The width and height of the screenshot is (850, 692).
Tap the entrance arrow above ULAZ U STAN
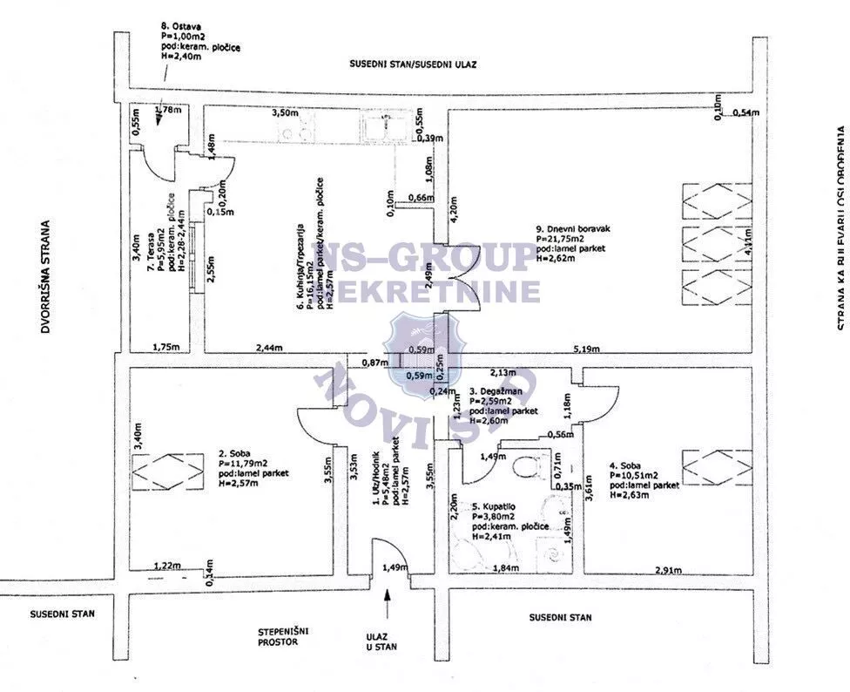click(387, 600)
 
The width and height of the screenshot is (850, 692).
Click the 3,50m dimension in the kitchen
click(283, 114)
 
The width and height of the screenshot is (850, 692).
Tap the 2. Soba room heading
click(235, 453)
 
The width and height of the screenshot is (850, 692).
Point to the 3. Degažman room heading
click(497, 392)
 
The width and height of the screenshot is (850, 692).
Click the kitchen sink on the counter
click(379, 127)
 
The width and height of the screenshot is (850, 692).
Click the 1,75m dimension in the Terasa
click(165, 348)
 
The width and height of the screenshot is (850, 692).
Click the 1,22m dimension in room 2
click(166, 566)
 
